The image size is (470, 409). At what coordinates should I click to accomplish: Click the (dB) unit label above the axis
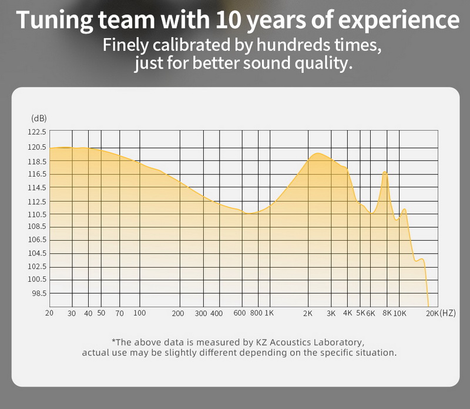click(x=38, y=118)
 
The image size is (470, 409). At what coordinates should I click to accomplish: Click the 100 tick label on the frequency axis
click(x=139, y=313)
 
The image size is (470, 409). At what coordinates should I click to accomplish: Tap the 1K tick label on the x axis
click(x=269, y=313)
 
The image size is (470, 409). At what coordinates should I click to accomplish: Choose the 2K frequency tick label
click(x=307, y=313)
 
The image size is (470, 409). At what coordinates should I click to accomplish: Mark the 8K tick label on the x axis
click(x=387, y=313)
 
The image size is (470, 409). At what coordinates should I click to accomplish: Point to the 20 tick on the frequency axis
click(x=49, y=313)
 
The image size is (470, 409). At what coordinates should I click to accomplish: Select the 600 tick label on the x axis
click(x=239, y=313)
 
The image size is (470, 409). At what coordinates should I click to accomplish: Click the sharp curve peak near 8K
click(x=385, y=172)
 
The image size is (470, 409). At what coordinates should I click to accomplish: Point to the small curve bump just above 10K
click(x=404, y=209)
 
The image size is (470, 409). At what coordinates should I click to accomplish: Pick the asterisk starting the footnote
click(x=113, y=341)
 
